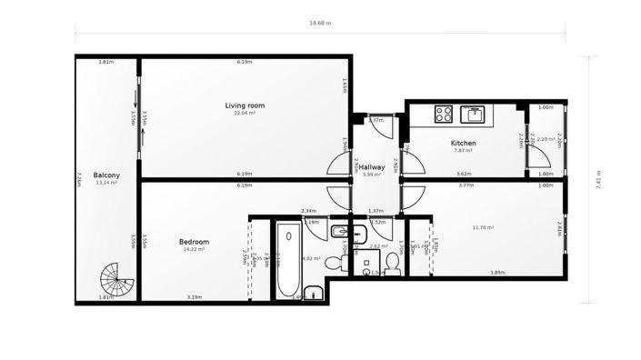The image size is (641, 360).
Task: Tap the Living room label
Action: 245,106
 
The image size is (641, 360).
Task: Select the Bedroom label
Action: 194,242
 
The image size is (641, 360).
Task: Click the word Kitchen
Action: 464,144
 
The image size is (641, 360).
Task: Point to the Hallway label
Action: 371,167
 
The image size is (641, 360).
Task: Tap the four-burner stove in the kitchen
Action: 444,114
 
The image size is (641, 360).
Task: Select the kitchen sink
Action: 475,114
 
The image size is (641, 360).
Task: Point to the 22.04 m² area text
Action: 245,114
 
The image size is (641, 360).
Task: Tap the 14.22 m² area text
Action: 194,249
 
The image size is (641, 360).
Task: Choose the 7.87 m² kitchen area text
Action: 464,151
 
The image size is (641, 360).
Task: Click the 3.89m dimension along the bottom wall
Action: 497,272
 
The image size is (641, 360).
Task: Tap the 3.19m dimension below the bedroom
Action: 194,297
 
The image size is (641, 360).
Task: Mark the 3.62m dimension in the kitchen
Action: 463,174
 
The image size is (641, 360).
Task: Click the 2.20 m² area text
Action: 547,139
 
